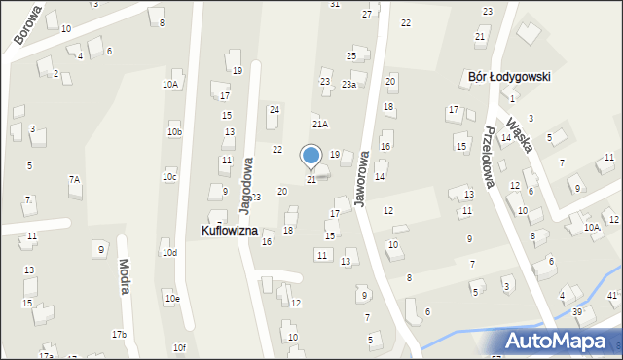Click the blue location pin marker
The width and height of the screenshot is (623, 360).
point(311,156)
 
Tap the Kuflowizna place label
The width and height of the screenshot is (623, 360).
point(230,232)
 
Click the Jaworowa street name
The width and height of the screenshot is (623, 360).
point(363,178)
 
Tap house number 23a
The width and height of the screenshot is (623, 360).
point(348,85)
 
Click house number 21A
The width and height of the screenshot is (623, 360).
point(319,125)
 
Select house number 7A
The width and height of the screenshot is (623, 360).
point(74,179)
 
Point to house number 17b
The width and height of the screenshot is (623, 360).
point(119,335)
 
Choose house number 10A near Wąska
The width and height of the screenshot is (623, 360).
point(591,227)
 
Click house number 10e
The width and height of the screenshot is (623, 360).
point(171,298)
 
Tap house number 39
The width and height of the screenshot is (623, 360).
point(577,311)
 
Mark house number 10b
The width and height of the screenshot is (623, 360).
point(174,131)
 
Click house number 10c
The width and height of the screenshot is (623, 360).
point(169,176)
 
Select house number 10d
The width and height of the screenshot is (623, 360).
point(169,253)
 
